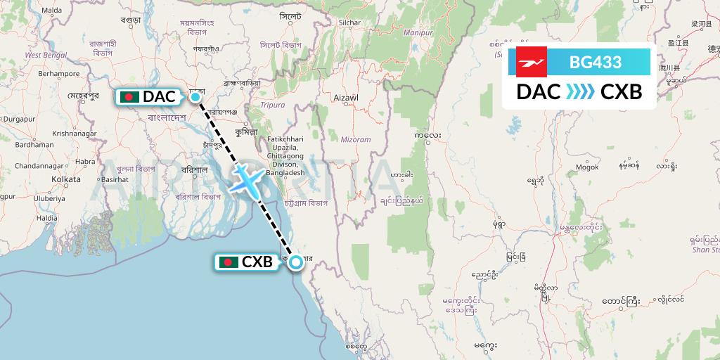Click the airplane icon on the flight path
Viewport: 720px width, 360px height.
coord(245,179)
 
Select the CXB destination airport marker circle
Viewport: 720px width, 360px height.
coord(296,262)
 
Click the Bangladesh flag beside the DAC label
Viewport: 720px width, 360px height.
coord(129,97)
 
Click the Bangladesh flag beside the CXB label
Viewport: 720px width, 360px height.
coord(229,262)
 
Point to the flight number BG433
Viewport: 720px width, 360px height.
coord(596,63)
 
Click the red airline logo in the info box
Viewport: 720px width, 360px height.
coord(532,62)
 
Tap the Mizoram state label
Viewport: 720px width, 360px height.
coord(356,139)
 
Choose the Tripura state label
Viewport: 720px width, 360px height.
coord(274,105)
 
